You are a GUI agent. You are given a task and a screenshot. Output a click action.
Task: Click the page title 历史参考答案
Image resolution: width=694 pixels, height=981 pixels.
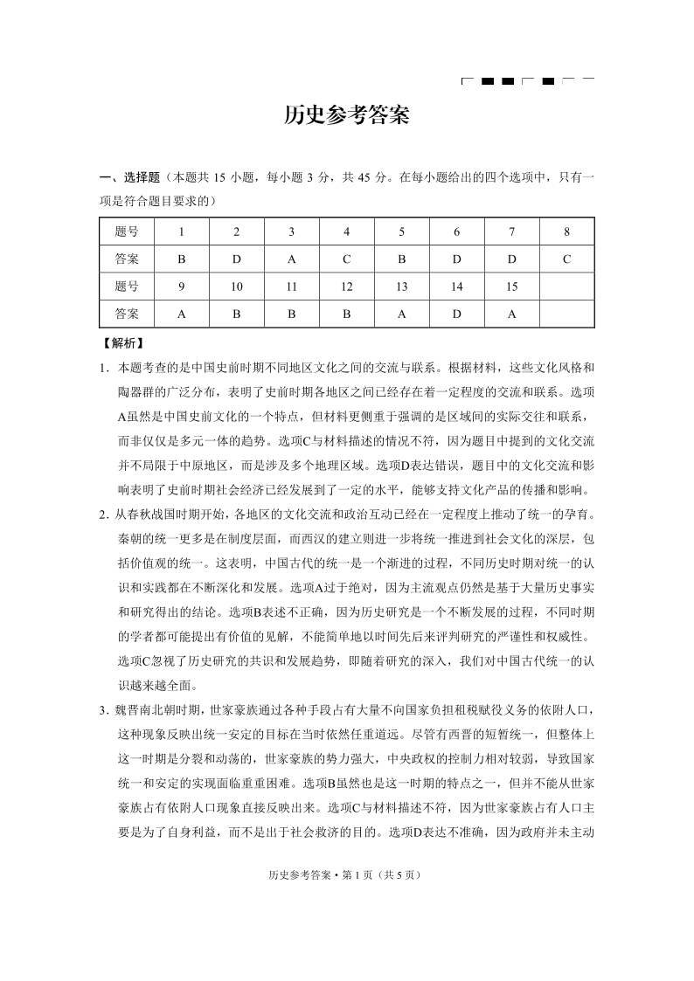pyautogui.click(x=347, y=116)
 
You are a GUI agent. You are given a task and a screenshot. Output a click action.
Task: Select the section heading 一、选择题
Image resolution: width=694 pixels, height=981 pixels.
pyautogui.click(x=129, y=178)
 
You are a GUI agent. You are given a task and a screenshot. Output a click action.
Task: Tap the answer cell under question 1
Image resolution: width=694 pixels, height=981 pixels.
pyautogui.click(x=181, y=259)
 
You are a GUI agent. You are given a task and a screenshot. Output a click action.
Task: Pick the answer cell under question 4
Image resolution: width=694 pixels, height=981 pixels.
pyautogui.click(x=346, y=259)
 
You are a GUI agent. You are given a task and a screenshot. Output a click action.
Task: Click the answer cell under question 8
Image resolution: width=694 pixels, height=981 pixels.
pyautogui.click(x=566, y=259)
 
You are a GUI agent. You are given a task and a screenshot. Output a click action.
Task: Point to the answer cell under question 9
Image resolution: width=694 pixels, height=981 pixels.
pyautogui.click(x=181, y=314)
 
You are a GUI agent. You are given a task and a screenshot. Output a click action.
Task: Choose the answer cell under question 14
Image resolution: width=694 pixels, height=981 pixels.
pyautogui.click(x=456, y=314)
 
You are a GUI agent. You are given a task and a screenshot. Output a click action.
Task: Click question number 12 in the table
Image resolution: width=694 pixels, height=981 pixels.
pyautogui.click(x=346, y=287)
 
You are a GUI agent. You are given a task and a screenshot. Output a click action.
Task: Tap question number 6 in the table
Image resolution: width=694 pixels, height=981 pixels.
pyautogui.click(x=456, y=232)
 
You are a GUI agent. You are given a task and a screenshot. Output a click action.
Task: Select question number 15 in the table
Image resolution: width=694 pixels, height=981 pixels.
pyautogui.click(x=511, y=287)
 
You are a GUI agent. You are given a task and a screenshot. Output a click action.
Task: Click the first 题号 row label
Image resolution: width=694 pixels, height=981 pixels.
pyautogui.click(x=126, y=232)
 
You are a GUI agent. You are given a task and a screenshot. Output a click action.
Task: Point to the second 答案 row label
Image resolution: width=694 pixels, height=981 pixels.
pyautogui.click(x=126, y=314)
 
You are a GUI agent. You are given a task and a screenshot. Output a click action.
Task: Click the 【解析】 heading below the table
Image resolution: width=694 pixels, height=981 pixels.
pyautogui.click(x=122, y=343)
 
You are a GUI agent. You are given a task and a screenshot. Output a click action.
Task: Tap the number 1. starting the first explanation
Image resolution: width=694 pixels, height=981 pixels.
pyautogui.click(x=103, y=368)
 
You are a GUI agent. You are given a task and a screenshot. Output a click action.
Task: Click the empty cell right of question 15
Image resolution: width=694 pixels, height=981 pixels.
pyautogui.click(x=566, y=287)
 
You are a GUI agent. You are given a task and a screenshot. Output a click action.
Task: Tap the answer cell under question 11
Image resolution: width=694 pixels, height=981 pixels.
pyautogui.click(x=291, y=314)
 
